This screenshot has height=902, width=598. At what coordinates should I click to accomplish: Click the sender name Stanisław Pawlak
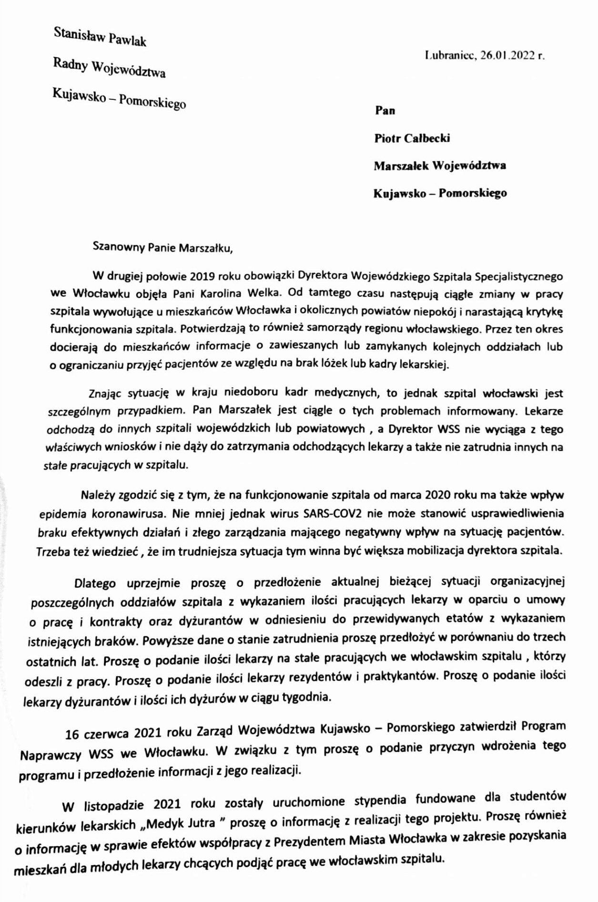100,37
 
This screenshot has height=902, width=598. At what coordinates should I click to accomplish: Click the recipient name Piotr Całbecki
412,138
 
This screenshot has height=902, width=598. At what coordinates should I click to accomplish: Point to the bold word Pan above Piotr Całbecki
385,110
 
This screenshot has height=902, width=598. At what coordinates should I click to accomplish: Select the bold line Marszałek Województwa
439,166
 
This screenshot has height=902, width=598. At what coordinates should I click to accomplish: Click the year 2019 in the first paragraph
203,276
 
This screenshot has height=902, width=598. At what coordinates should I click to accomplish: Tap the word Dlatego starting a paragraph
95,583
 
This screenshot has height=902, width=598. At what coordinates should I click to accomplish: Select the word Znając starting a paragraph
105,394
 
